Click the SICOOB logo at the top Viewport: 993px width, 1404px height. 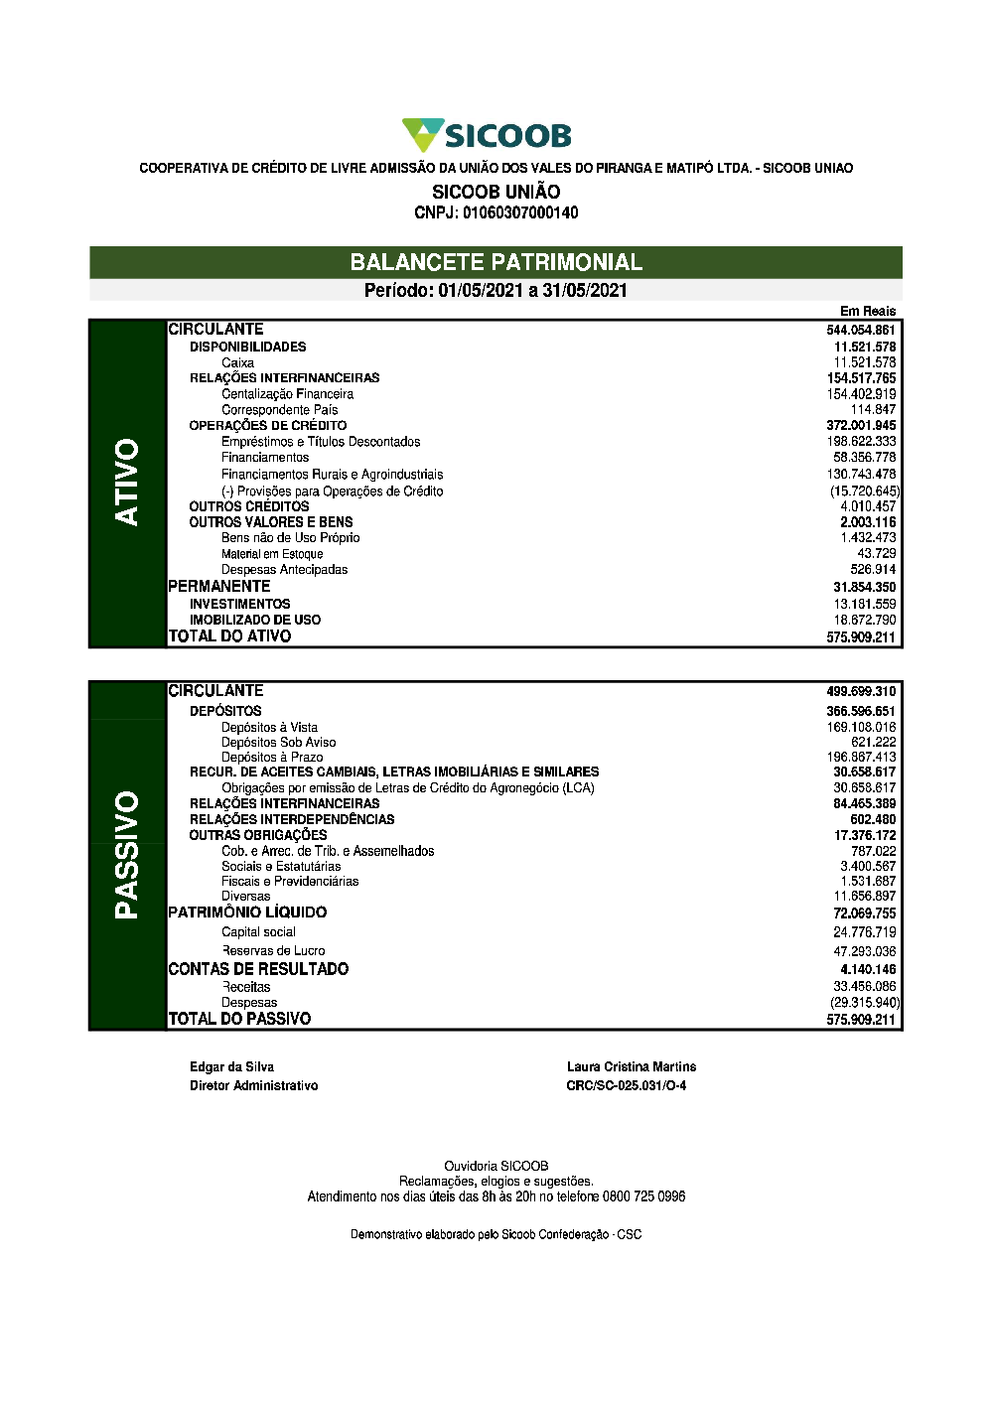[487, 135]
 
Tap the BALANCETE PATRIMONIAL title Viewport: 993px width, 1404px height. [496, 262]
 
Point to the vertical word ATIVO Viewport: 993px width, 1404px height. [127, 482]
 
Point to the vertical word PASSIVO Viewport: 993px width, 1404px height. [127, 854]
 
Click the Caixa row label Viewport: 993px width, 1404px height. [237, 362]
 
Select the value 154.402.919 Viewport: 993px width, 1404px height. [861, 394]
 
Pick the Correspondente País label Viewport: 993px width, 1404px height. [279, 409]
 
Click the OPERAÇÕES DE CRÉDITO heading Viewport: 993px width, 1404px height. [268, 425]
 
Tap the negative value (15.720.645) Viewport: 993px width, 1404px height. [865, 491]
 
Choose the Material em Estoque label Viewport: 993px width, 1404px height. [272, 554]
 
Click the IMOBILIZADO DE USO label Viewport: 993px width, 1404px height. [255, 620]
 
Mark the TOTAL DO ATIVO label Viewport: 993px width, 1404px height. [229, 636]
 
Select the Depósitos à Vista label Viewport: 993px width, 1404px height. [269, 727]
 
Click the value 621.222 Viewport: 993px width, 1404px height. [873, 742]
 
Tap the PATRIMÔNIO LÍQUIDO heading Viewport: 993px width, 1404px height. [247, 913]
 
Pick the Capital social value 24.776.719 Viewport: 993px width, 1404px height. [864, 932]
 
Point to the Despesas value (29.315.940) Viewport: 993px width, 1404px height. [865, 1003]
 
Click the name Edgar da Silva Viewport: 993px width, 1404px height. [231, 1066]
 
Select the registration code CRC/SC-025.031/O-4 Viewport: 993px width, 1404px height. [626, 1085]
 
